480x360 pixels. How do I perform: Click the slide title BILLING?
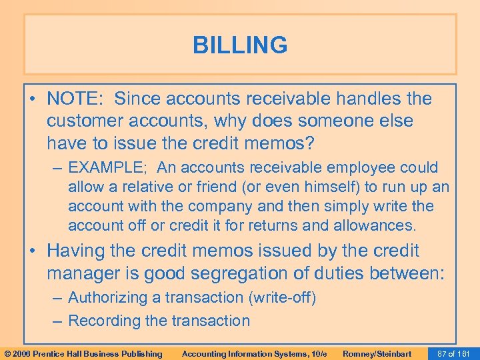pyautogui.click(x=240, y=45)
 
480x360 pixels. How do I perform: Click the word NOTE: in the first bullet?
pyautogui.click(x=75, y=99)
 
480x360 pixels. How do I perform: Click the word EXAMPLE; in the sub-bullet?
pyautogui.click(x=105, y=167)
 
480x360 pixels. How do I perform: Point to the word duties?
pyautogui.click(x=361, y=273)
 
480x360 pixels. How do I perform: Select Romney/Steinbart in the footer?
pyautogui.click(x=377, y=353)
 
